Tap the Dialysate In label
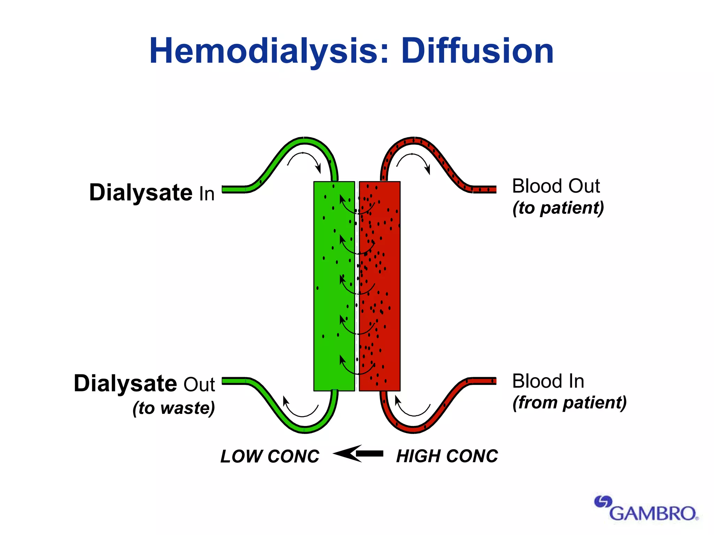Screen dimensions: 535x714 pyautogui.click(x=152, y=193)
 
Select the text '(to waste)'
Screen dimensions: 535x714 pyautogui.click(x=174, y=408)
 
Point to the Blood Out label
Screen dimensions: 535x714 pyautogui.click(x=556, y=186)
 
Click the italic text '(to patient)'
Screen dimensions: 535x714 pyautogui.click(x=558, y=208)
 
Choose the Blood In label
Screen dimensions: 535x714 pyautogui.click(x=548, y=381)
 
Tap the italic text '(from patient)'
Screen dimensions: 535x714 pyautogui.click(x=569, y=403)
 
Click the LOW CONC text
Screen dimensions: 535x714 pyautogui.click(x=270, y=456)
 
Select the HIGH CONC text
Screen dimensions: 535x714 pyautogui.click(x=447, y=456)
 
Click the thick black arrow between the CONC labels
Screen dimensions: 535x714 pyautogui.click(x=358, y=453)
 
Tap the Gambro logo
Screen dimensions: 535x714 pyautogui.click(x=647, y=509)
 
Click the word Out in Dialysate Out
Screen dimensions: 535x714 pyautogui.click(x=199, y=385)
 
